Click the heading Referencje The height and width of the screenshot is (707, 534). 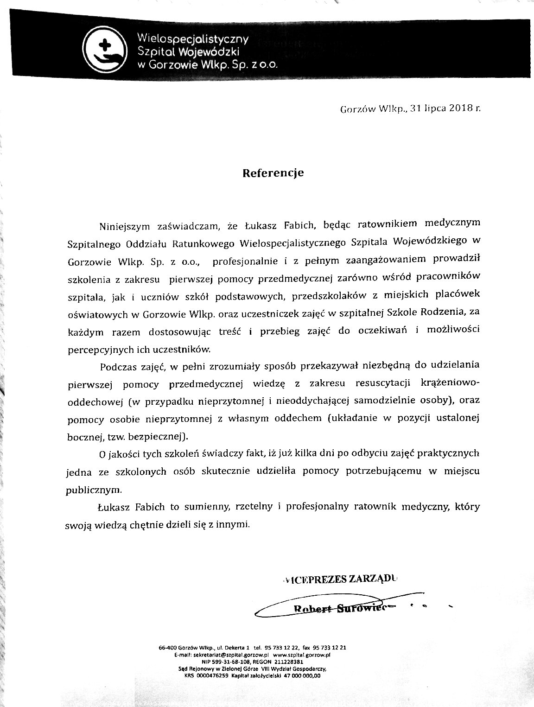click(x=273, y=173)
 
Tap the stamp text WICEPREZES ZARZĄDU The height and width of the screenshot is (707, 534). click(x=340, y=579)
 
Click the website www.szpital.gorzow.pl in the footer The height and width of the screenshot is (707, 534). click(x=303, y=655)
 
